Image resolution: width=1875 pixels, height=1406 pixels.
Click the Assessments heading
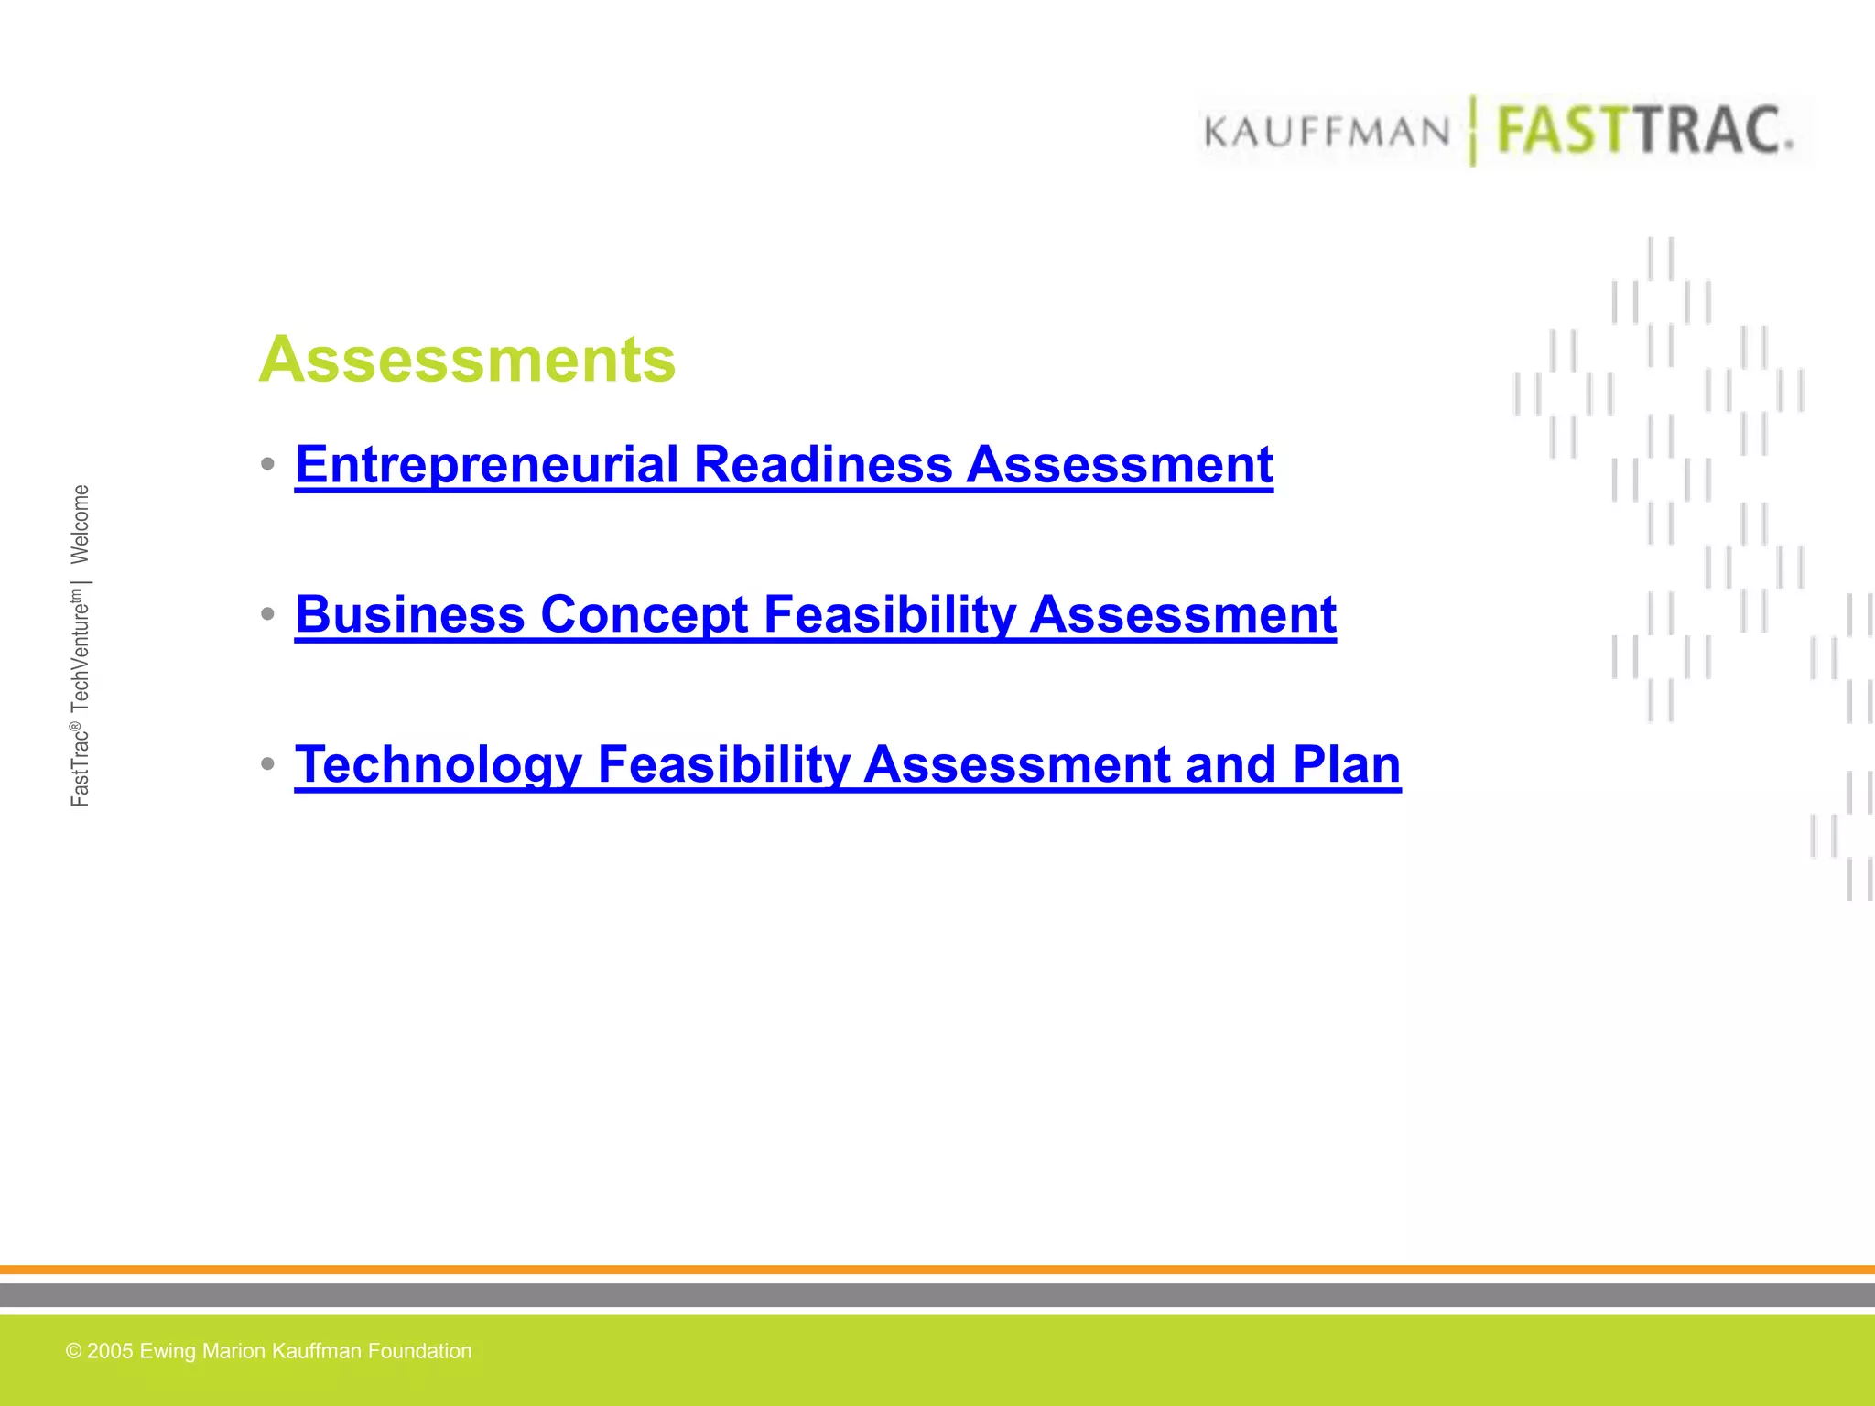coord(467,359)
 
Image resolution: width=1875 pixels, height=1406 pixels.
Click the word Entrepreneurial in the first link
coord(487,464)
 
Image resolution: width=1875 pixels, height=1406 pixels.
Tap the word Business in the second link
coord(409,614)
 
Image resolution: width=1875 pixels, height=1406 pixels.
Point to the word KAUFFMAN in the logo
coord(1327,132)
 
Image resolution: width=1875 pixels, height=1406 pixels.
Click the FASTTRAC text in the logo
coord(1643,131)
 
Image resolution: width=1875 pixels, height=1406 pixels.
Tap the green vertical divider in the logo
coord(1473,131)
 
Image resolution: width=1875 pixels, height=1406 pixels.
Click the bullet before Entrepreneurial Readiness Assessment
coord(267,464)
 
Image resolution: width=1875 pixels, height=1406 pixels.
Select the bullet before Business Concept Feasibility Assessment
coord(267,614)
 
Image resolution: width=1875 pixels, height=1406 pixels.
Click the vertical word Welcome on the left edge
coord(81,524)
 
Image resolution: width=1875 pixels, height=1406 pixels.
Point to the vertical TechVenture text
coord(81,652)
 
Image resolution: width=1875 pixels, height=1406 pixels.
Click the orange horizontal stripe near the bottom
coord(937,1270)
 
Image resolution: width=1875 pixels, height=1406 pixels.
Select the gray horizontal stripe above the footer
coord(937,1294)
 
